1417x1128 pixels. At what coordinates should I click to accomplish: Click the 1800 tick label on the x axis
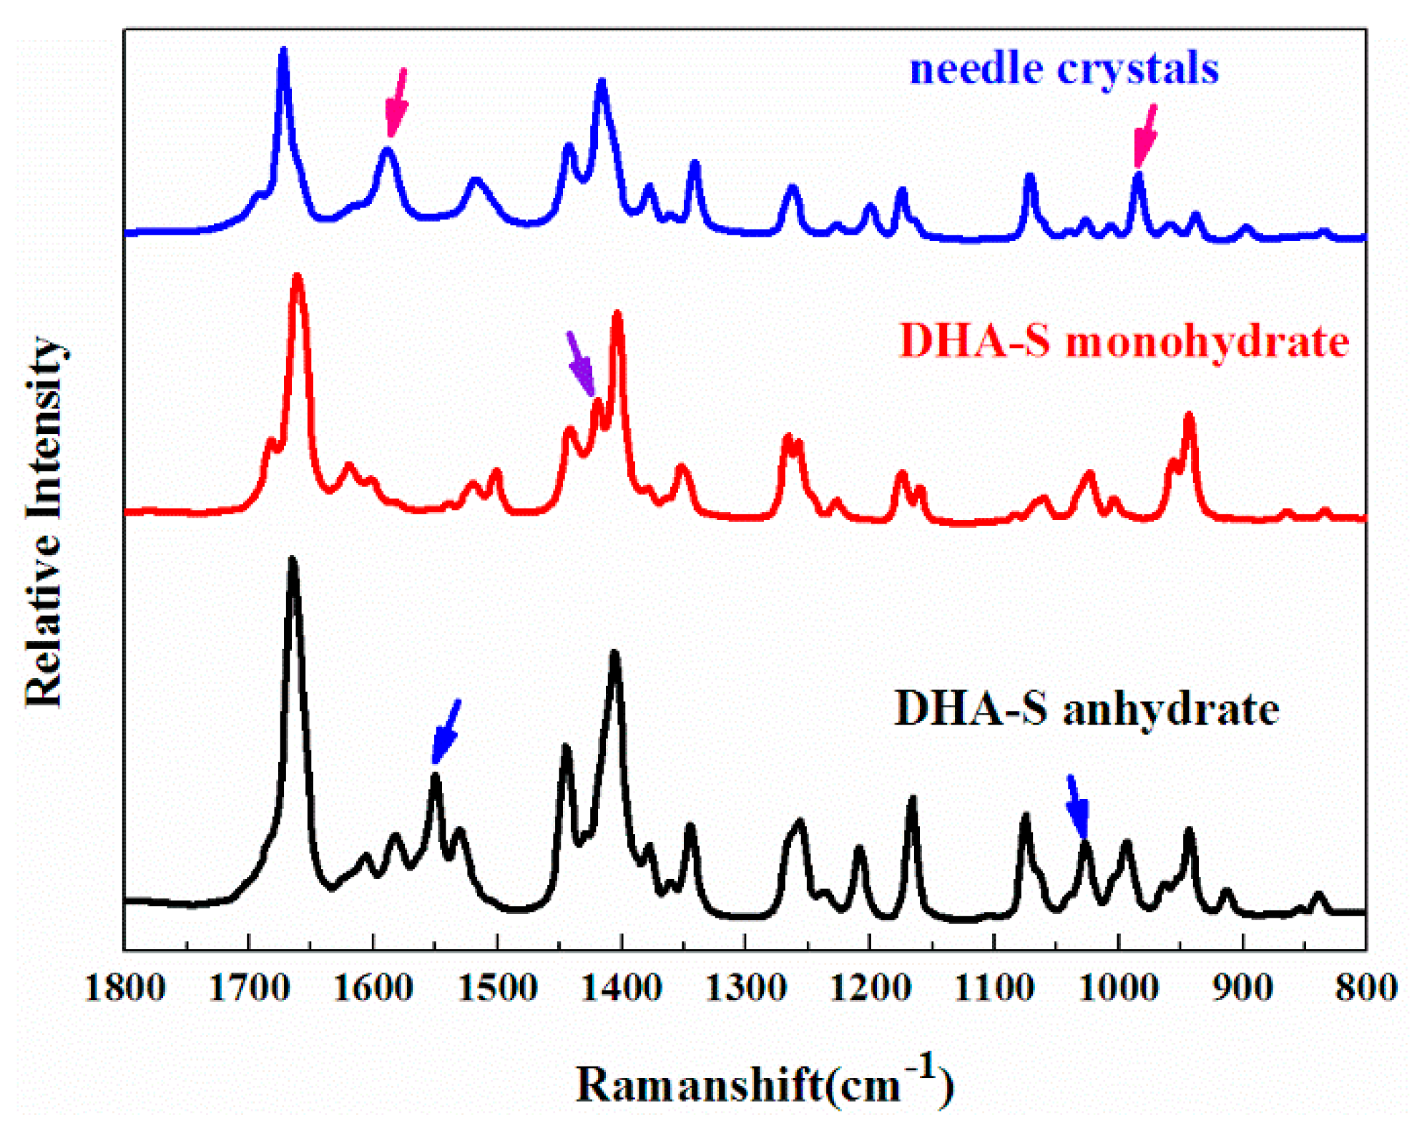125,989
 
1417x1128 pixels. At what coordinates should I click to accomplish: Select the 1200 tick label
870,989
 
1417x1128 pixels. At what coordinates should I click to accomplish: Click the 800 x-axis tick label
1365,989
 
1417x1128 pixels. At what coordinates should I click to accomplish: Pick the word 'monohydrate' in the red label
1207,342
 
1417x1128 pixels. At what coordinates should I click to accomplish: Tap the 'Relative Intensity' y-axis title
44,522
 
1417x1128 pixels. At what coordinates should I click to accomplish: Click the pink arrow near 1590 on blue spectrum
397,102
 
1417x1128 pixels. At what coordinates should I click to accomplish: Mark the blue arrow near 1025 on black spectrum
1077,806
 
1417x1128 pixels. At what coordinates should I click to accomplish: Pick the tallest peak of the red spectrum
297,278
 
